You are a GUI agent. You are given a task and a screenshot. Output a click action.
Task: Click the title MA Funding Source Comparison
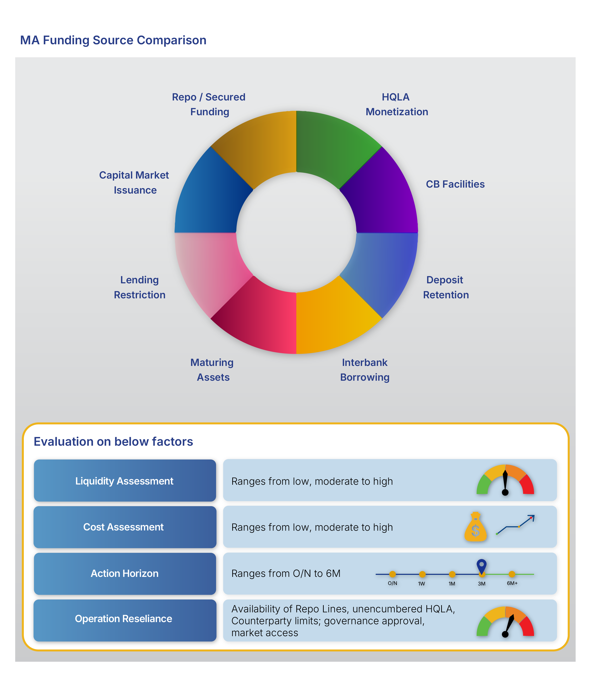click(x=113, y=40)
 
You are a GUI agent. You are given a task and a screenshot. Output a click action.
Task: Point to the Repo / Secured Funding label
click(x=209, y=105)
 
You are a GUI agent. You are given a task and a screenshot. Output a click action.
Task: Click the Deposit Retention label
click(x=446, y=287)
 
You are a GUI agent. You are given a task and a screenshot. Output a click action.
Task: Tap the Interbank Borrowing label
click(x=365, y=370)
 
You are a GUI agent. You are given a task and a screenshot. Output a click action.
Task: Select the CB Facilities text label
click(x=455, y=184)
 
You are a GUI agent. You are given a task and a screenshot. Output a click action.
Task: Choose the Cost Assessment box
click(x=125, y=527)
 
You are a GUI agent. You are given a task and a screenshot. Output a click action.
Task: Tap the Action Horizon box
click(x=125, y=574)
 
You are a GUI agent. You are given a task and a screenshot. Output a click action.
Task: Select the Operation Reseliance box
click(x=125, y=620)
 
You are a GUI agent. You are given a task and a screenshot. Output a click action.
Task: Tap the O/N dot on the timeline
click(x=393, y=574)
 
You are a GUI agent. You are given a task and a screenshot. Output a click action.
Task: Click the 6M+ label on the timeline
click(x=512, y=583)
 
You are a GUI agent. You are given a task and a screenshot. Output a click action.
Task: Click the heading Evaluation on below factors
click(x=113, y=442)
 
